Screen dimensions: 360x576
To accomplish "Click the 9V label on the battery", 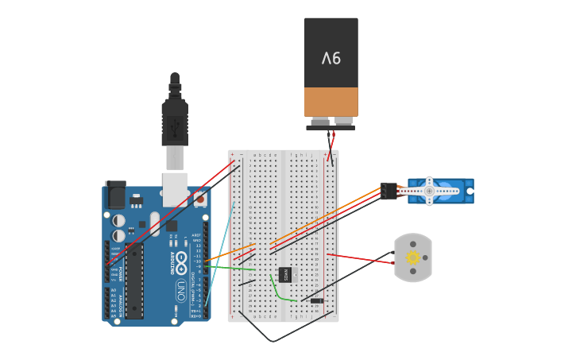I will tap(331, 58).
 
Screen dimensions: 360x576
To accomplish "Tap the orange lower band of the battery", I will tap(331, 102).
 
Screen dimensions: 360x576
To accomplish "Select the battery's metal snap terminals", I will tap(331, 122).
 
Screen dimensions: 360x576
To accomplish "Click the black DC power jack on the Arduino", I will tap(115, 194).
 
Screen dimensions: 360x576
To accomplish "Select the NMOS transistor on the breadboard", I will tap(285, 274).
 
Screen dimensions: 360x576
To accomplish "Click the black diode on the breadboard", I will tap(317, 300).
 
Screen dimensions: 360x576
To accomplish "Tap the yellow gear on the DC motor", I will tap(413, 257).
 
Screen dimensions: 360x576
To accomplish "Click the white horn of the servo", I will tap(429, 191).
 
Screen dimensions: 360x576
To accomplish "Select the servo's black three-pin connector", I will tap(389, 191).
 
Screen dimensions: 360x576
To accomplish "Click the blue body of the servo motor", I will tap(457, 191).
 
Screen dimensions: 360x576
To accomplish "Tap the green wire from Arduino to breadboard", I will tap(230, 267).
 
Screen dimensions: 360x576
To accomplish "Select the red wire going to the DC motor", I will tap(361, 258).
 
